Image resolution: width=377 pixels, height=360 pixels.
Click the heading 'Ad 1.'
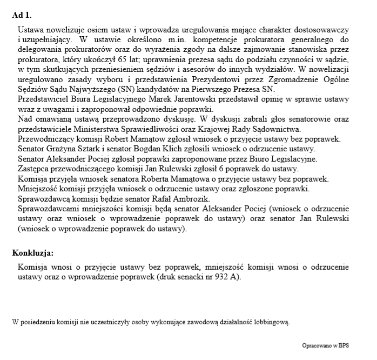(x=22, y=15)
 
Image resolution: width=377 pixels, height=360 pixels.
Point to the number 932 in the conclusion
(x=215, y=277)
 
